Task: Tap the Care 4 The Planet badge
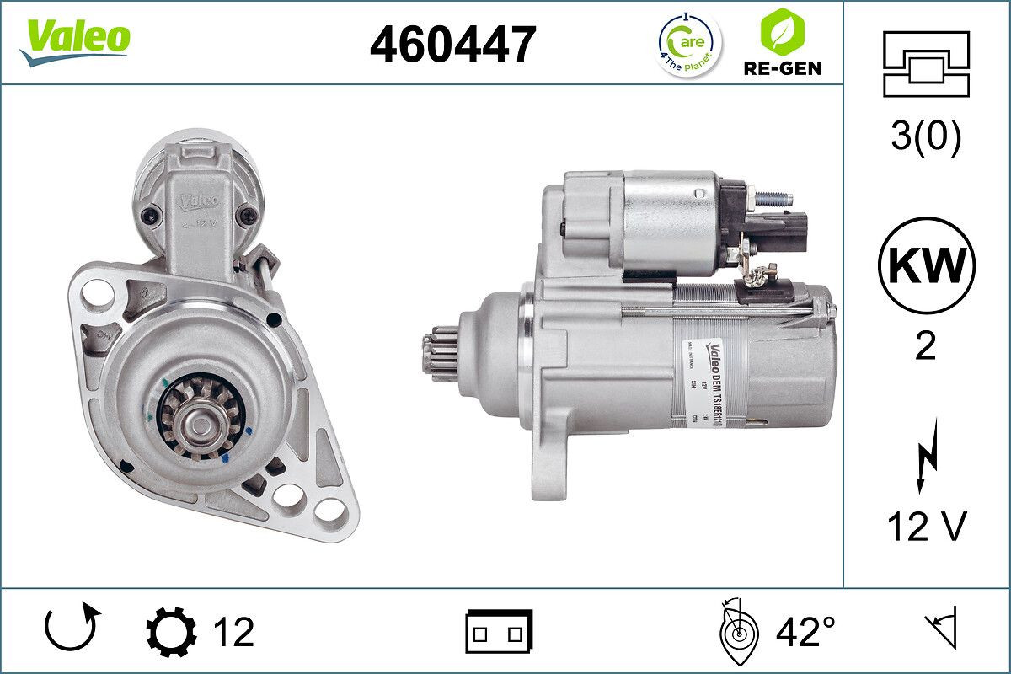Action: (688, 44)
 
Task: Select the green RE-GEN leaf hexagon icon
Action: (781, 31)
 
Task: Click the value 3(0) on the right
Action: (925, 138)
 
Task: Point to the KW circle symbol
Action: (926, 266)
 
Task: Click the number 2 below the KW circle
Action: (925, 346)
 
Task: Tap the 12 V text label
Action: (925, 527)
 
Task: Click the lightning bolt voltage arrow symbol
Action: (924, 459)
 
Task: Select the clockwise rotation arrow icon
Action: (72, 629)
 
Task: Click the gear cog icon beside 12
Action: (171, 632)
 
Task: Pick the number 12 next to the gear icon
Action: (233, 632)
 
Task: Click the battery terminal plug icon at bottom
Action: (499, 632)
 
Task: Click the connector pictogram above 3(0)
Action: (925, 64)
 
